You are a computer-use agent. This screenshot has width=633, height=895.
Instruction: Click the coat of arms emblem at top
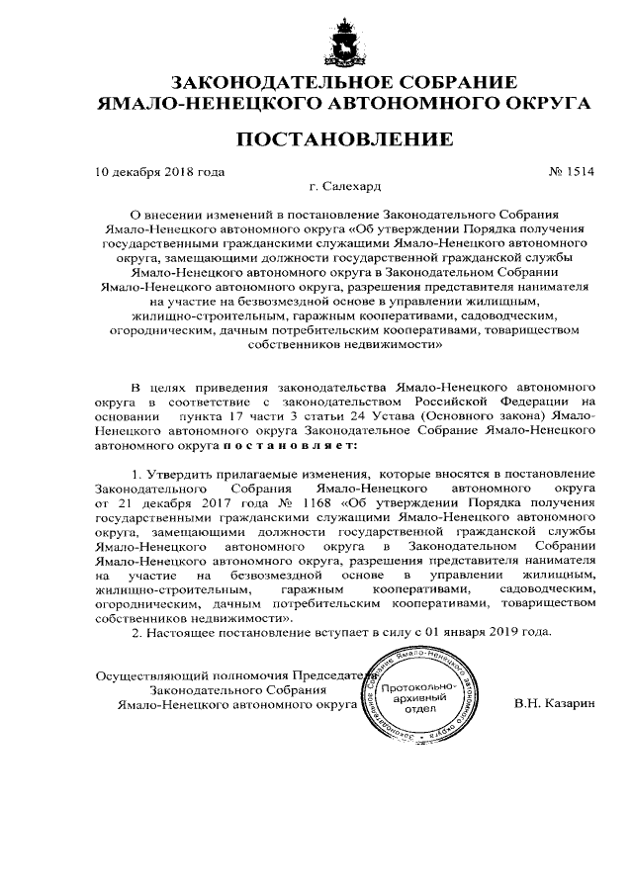(x=345, y=45)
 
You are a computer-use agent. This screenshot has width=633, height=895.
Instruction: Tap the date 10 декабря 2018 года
(x=159, y=170)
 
